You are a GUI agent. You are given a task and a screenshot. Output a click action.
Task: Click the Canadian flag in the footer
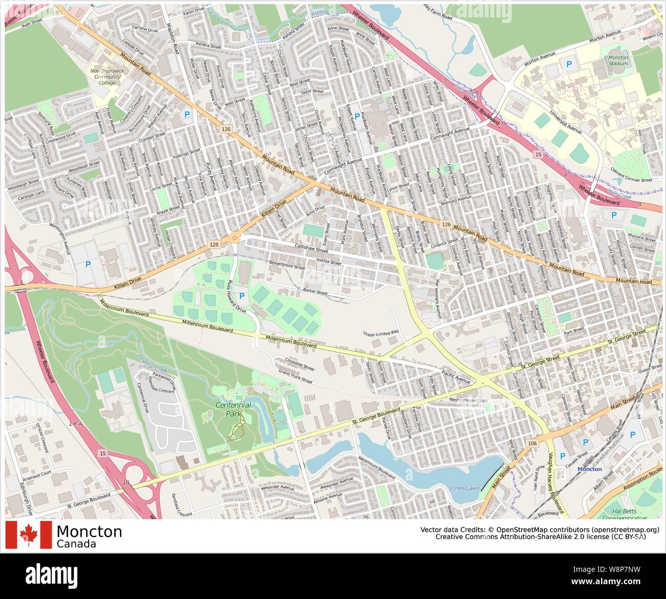pos(29,534)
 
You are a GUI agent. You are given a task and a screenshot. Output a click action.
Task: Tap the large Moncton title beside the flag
pos(89,531)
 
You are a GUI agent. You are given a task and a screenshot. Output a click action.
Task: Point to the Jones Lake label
pos(464,488)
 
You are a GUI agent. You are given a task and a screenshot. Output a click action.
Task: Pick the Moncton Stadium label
pos(618,61)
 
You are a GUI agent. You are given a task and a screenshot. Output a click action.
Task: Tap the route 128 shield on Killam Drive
pos(214,245)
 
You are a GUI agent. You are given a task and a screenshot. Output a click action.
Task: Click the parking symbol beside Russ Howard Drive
pos(241,296)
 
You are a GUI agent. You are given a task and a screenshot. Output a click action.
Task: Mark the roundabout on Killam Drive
pos(235,238)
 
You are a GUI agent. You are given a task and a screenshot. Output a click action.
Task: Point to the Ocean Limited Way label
pos(381,333)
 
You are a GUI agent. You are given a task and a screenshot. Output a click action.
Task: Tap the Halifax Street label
pos(328,263)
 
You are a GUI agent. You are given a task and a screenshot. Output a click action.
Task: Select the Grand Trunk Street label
pos(295,377)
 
